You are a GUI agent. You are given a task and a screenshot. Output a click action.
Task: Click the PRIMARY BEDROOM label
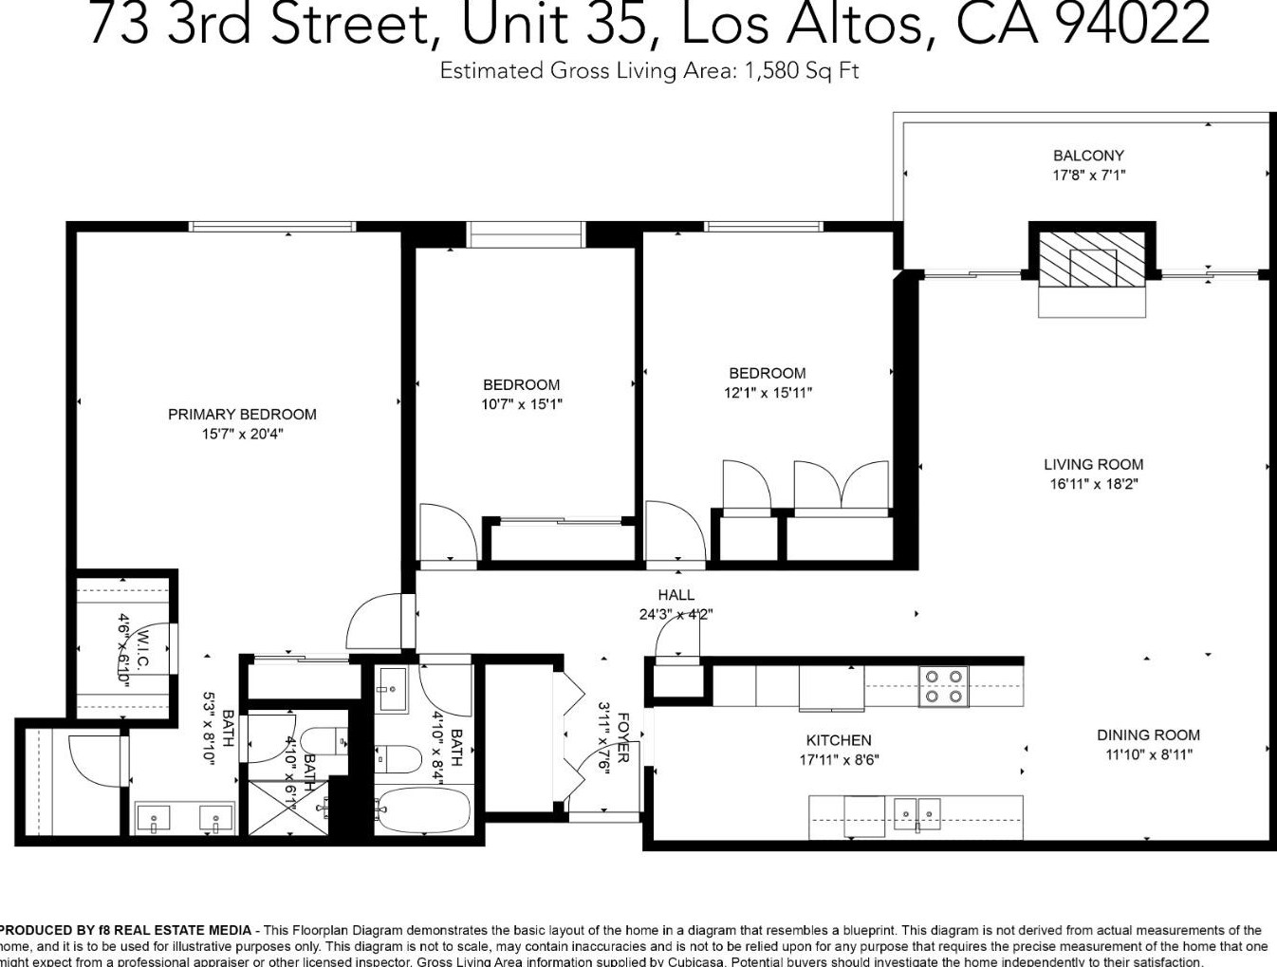(242, 414)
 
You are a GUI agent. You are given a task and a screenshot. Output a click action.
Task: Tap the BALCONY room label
(1088, 156)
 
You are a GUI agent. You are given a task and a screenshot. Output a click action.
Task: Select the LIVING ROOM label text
(1093, 464)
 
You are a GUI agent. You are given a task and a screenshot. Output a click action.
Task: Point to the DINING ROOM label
(1148, 735)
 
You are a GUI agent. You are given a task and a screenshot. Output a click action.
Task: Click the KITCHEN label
(838, 740)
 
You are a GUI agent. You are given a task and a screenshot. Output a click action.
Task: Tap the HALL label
(676, 595)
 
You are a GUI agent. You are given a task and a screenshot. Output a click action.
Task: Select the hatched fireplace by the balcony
(1092, 259)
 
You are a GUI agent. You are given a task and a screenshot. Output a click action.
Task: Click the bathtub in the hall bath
(423, 809)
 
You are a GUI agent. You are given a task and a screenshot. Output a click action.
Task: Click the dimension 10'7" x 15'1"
(521, 404)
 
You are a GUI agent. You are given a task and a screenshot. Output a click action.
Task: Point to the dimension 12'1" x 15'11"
(768, 393)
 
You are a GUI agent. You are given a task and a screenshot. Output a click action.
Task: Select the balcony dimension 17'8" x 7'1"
(1088, 176)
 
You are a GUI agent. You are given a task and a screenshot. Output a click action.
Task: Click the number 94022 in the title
(1132, 24)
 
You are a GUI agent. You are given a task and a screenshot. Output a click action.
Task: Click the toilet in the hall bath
(400, 759)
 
